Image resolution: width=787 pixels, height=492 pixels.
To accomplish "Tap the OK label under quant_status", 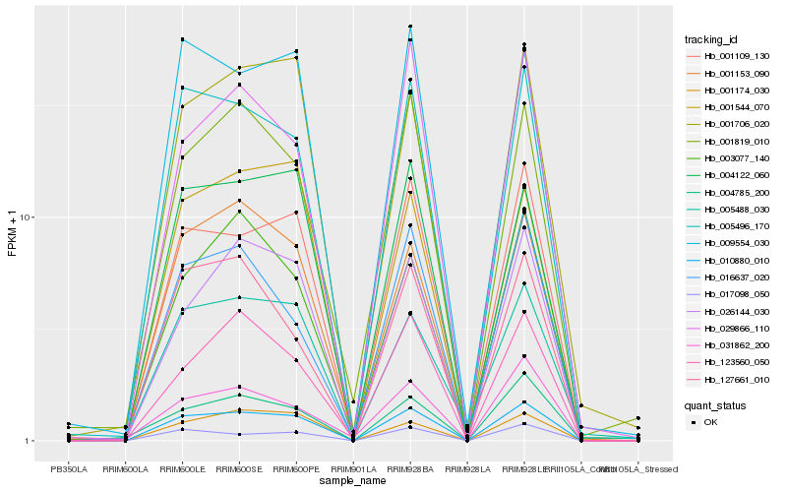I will [710, 421].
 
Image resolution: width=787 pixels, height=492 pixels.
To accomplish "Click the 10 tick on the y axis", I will [28, 217].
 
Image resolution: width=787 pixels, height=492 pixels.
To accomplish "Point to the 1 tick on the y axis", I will [30, 441].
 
